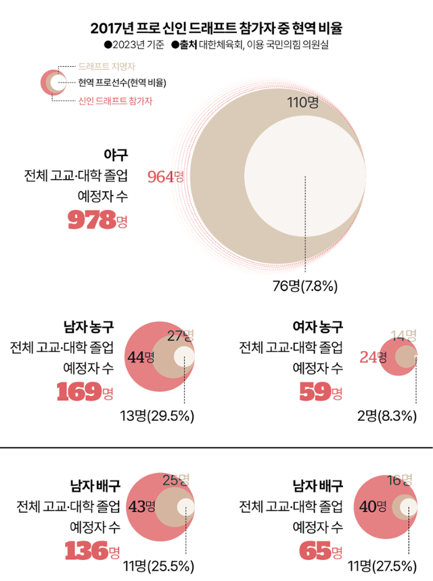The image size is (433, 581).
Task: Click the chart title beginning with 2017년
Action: click(216, 28)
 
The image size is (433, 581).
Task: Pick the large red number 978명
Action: click(97, 220)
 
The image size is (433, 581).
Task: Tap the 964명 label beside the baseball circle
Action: click(166, 177)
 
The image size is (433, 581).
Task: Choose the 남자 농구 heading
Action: click(88, 328)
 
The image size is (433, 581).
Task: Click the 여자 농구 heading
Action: click(317, 328)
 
